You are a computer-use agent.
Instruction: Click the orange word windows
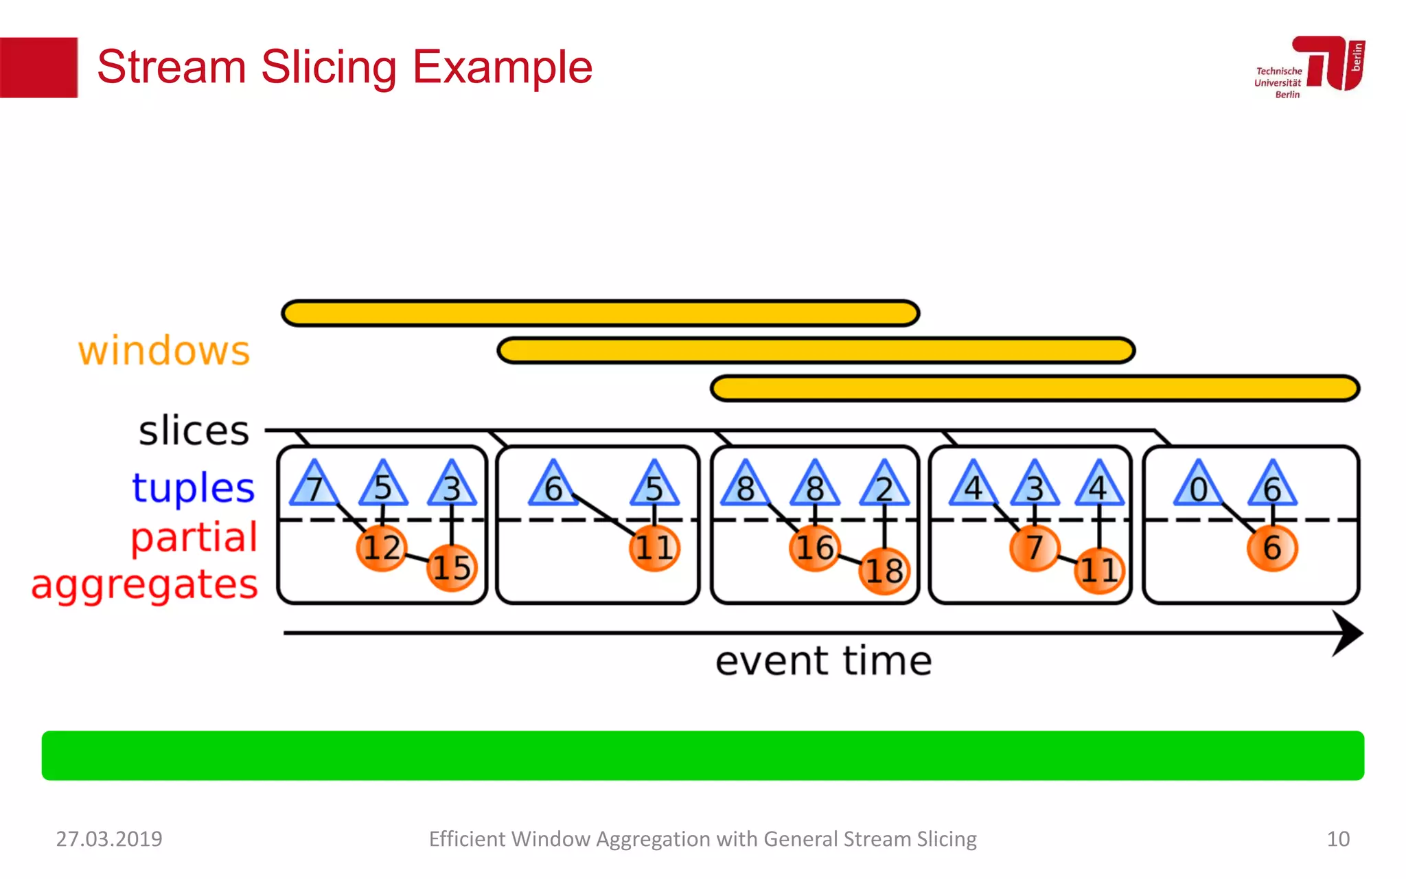(164, 351)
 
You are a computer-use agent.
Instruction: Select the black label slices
(194, 431)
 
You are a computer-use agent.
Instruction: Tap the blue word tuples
(193, 488)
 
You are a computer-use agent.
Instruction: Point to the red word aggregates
(144, 585)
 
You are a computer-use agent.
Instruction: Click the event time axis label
(823, 661)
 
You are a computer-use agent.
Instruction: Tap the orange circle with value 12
(382, 548)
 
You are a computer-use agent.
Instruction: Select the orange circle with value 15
(452, 568)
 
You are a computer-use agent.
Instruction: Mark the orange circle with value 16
(814, 548)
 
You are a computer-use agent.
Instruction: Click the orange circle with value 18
(884, 571)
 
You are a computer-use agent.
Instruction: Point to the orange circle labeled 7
(1035, 548)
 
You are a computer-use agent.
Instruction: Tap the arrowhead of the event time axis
(1347, 633)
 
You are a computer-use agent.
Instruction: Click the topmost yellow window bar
(601, 313)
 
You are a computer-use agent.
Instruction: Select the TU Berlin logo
(1310, 67)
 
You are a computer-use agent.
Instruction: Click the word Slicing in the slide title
(328, 67)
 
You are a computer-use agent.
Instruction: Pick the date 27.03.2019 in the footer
(109, 839)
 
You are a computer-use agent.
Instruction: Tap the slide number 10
(1337, 839)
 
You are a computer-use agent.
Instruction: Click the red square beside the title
(38, 67)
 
